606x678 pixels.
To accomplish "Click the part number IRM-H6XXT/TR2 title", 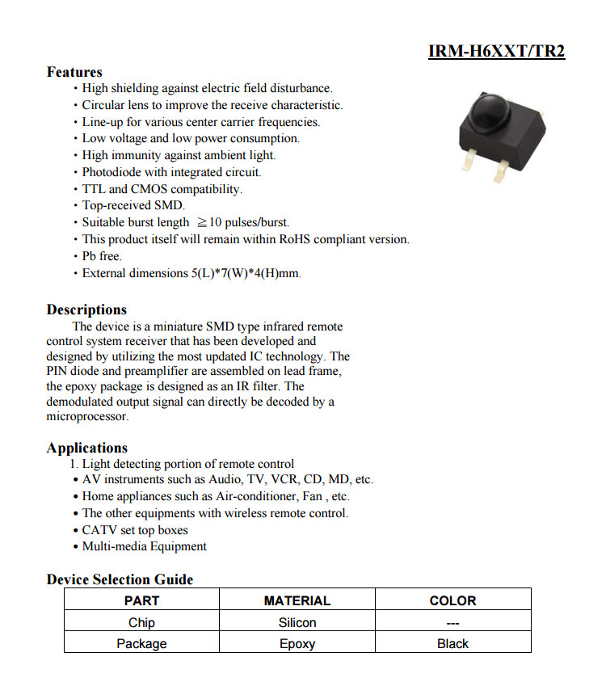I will point(496,52).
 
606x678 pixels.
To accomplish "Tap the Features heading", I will point(74,72).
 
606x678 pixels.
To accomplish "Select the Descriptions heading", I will point(86,310).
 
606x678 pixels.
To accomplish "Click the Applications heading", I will point(86,448).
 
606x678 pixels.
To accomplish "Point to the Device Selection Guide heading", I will point(120,579).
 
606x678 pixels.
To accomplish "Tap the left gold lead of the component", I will point(467,163).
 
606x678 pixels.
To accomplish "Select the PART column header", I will point(141,600).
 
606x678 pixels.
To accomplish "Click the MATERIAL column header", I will point(297,600).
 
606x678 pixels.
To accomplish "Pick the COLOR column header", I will point(452,600).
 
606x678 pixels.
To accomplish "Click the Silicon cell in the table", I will point(297,622).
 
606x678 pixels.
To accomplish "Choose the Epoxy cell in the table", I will point(297,644).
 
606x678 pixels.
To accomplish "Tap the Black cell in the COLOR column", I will point(452,644).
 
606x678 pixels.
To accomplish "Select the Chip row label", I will point(141,622).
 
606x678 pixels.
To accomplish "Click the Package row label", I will point(141,644).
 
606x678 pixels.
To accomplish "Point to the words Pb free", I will point(102,256).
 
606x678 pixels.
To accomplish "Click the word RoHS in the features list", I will point(299,239).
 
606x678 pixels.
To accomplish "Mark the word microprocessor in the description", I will point(86,417).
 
